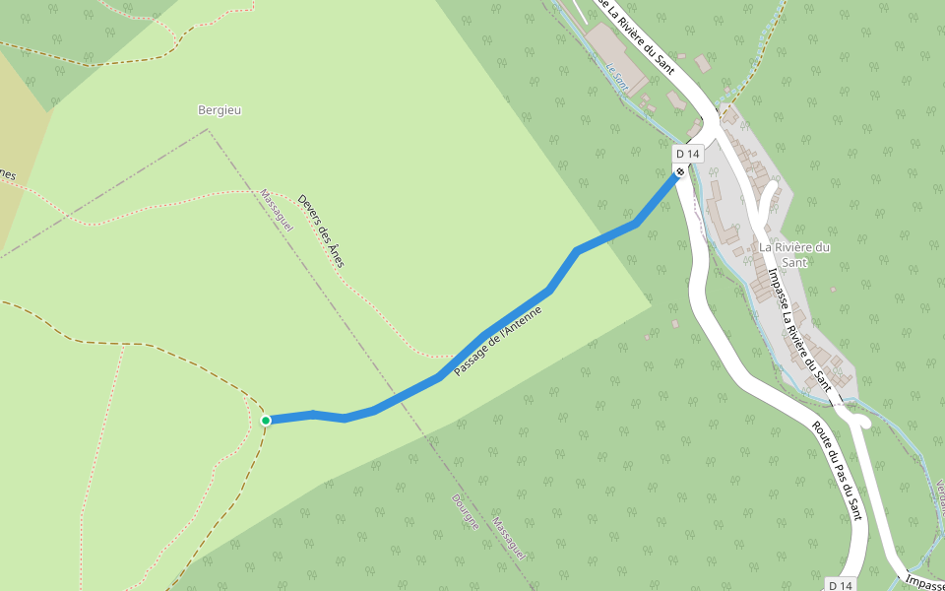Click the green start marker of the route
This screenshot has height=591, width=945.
pos(266,421)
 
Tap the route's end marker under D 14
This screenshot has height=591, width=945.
pos(680,172)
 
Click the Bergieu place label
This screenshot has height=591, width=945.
pos(220,110)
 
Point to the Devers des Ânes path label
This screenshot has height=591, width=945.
pos(321,230)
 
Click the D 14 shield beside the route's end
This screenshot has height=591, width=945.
pos(687,154)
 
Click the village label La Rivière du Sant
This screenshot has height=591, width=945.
pos(795,254)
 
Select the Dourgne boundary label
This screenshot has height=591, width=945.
pos(465,511)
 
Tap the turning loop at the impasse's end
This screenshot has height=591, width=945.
pos(859,422)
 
